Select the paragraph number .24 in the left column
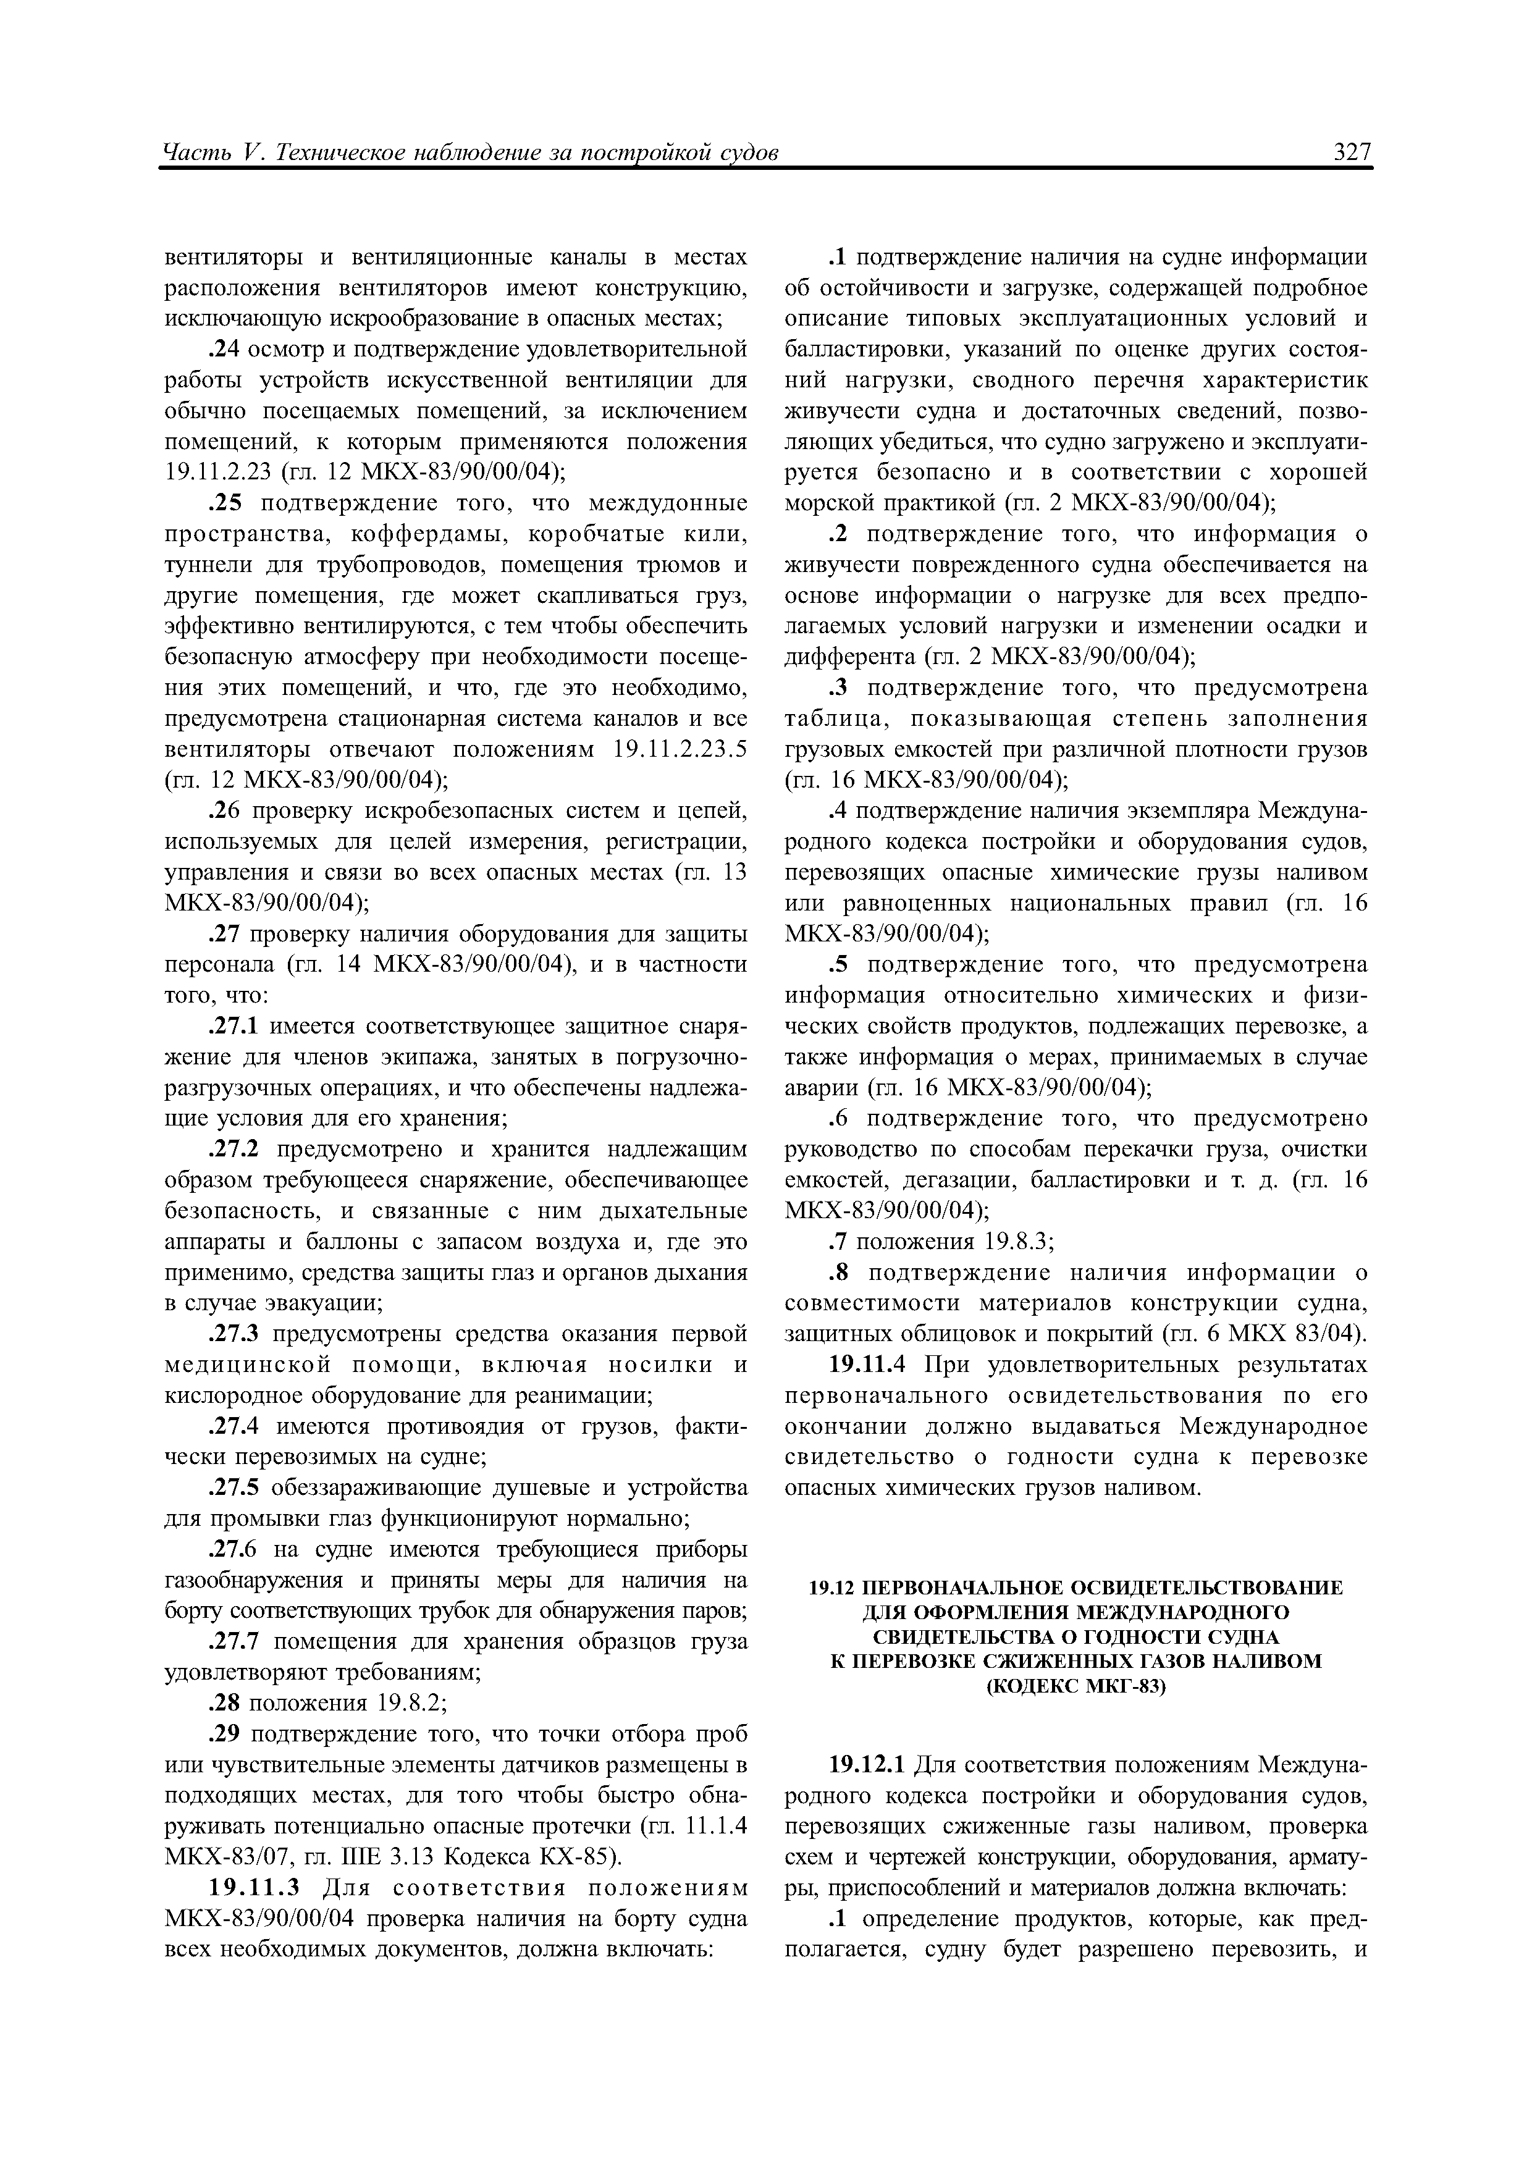pyautogui.click(x=222, y=350)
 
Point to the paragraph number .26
pyautogui.click(x=222, y=810)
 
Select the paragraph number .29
pyautogui.click(x=222, y=1734)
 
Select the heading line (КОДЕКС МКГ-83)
pyautogui.click(x=1076, y=1686)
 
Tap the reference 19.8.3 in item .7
pyautogui.click(x=1017, y=1242)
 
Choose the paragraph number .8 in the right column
pyautogui.click(x=841, y=1273)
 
